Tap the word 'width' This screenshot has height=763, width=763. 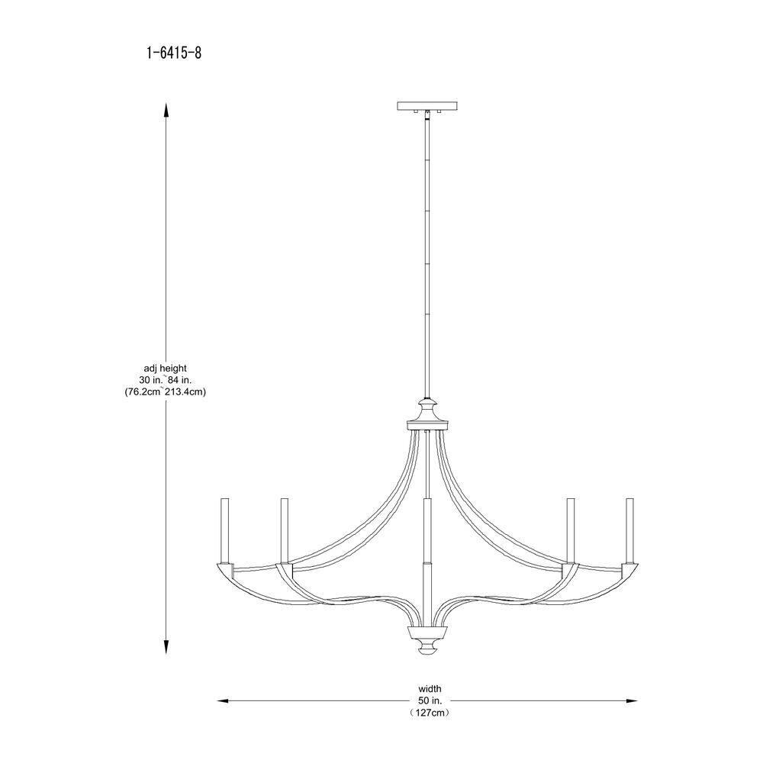430,688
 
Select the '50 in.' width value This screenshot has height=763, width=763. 430,700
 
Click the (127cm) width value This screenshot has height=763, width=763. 430,712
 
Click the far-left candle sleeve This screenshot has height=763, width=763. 226,530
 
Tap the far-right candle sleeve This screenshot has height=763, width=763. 630,530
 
